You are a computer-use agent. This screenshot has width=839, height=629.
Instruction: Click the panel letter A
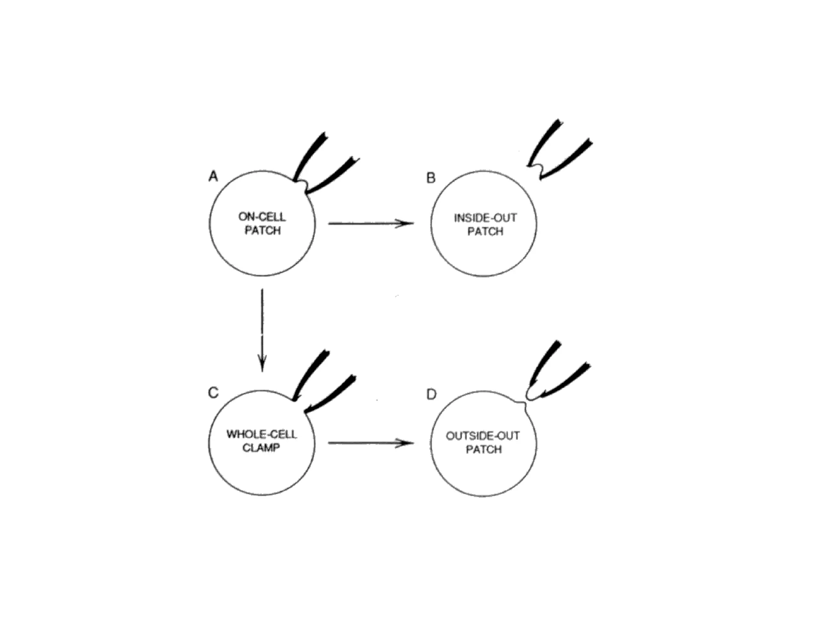[213, 176]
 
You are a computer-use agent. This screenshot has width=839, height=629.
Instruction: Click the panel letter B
[431, 178]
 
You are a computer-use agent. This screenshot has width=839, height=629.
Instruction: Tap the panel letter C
[213, 393]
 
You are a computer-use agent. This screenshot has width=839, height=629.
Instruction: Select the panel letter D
[431, 394]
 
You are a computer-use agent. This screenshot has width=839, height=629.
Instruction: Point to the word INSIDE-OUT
[485, 217]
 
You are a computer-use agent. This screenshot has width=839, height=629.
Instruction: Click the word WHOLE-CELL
[261, 434]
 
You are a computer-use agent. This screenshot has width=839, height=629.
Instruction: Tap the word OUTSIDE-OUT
[483, 436]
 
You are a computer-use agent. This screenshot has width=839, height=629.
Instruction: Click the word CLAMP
[261, 448]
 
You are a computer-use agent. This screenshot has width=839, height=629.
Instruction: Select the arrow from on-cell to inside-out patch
[371, 223]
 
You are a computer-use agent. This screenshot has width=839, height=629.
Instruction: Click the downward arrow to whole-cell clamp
[262, 330]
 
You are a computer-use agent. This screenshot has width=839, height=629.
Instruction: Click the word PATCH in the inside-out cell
[485, 231]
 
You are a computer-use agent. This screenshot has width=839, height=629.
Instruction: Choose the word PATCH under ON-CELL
[263, 230]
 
